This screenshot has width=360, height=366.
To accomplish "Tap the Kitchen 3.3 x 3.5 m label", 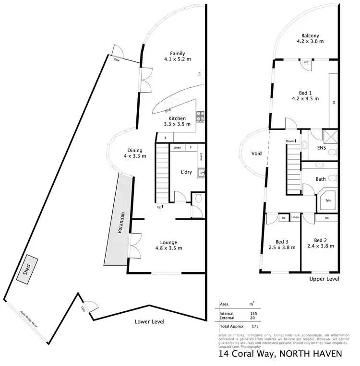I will pyautogui.click(x=176, y=121).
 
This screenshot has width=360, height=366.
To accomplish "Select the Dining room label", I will pyautogui.click(x=134, y=153).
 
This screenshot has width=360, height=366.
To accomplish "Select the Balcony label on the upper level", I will pyautogui.click(x=310, y=38).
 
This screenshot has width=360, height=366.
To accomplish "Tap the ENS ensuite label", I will pyautogui.click(x=322, y=148).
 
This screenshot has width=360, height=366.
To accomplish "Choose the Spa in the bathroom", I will pyautogui.click(x=329, y=200).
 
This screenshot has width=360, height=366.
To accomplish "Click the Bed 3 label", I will pyautogui.click(x=282, y=245).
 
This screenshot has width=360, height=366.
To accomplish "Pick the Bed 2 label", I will pyautogui.click(x=320, y=243).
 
